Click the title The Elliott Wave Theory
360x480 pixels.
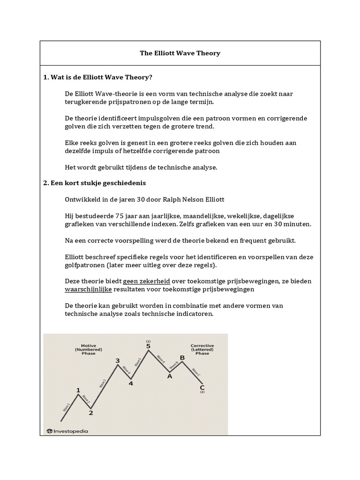(180, 53)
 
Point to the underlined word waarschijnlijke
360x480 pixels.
(89, 290)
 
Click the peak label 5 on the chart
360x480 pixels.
(148, 346)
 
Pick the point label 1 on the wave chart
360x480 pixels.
(78, 390)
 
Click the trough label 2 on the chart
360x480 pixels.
(91, 413)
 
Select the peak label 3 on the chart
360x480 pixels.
(118, 360)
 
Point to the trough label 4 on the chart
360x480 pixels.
(131, 383)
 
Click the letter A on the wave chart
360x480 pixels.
(170, 376)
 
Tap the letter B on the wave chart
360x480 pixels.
(182, 358)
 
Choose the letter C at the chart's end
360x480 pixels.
(202, 387)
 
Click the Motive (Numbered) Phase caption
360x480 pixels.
(88, 349)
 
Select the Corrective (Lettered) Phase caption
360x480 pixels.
(202, 349)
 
